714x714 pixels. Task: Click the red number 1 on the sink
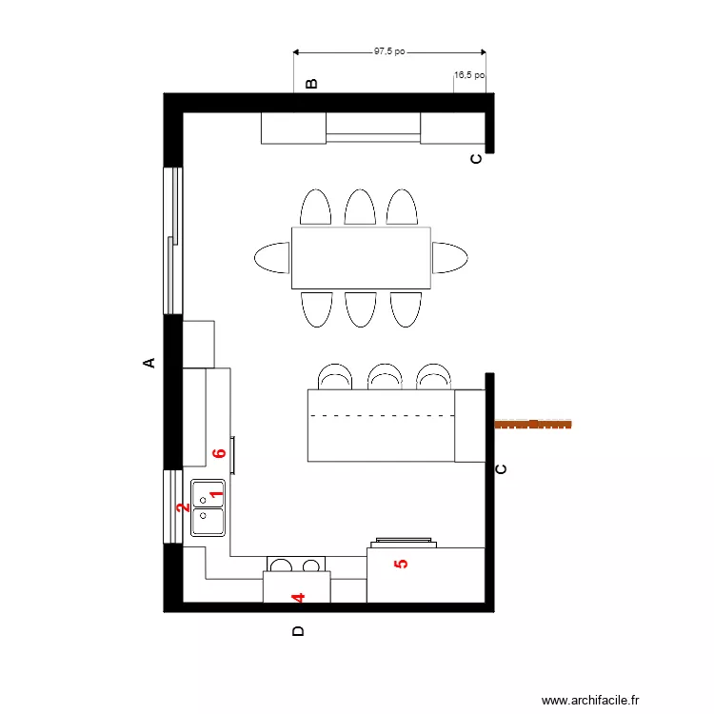click(x=215, y=493)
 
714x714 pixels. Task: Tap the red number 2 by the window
click(x=181, y=507)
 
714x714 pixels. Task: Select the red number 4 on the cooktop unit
click(x=297, y=598)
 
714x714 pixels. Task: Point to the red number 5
click(x=401, y=563)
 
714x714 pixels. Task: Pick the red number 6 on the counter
click(x=219, y=453)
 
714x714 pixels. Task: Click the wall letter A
click(x=149, y=363)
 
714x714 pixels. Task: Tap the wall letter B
click(x=310, y=84)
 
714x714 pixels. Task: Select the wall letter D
click(x=297, y=630)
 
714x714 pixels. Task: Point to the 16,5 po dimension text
click(x=469, y=74)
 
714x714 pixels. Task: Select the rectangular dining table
click(x=361, y=258)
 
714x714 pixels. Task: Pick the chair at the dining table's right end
click(x=449, y=257)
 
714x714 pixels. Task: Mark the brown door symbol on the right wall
click(x=533, y=424)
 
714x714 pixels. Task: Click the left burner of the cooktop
click(x=280, y=565)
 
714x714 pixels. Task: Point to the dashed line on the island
click(x=381, y=417)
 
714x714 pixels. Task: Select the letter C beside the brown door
click(x=502, y=468)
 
